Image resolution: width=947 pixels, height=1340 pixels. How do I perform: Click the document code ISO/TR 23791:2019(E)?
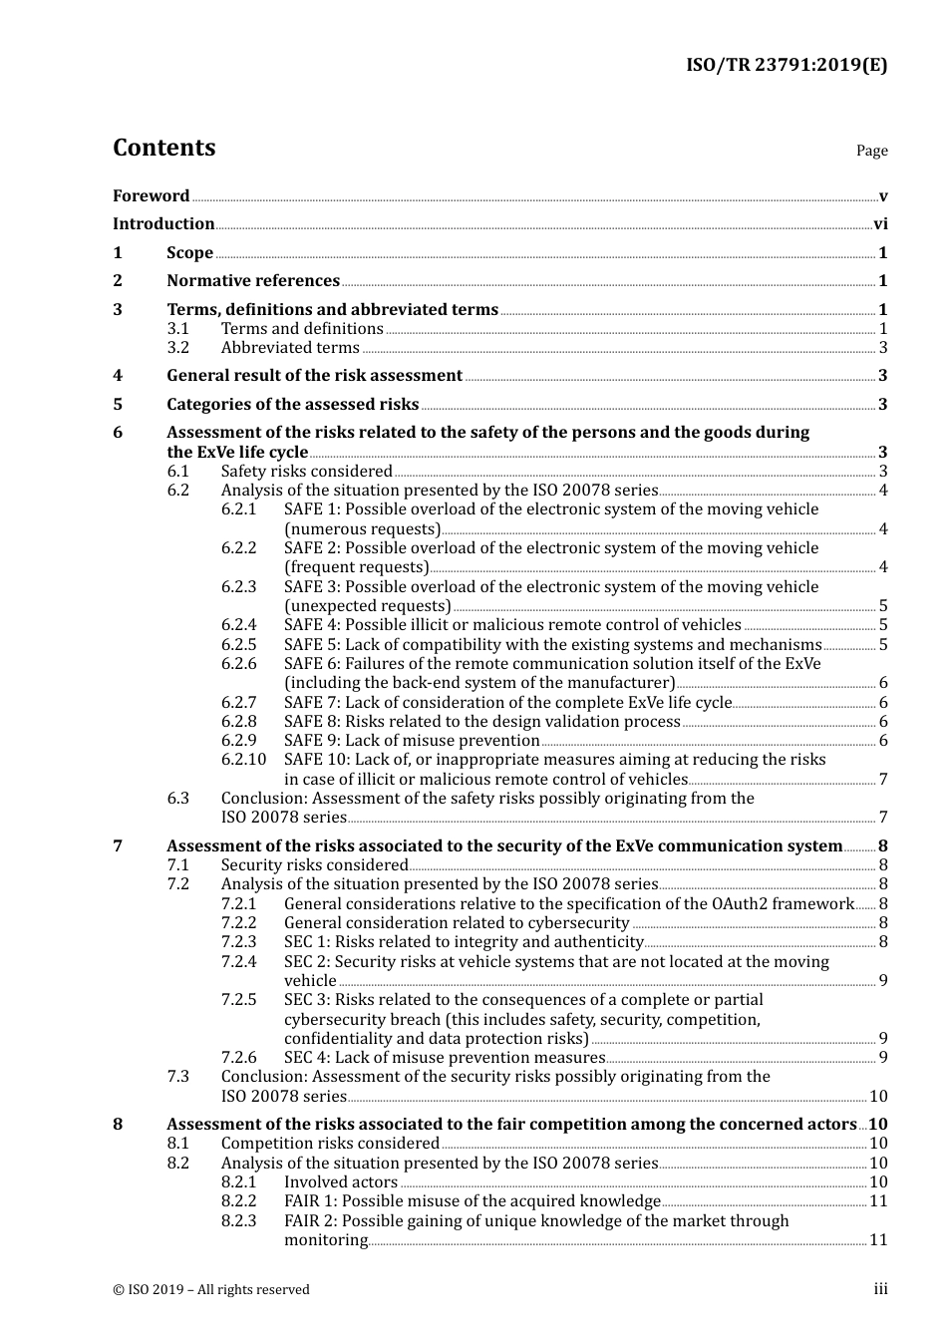pos(786,66)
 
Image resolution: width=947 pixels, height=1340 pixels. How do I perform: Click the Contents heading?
pos(163,148)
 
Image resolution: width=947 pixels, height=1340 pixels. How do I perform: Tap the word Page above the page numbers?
pos(871,151)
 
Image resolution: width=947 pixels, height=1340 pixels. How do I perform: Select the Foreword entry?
pos(151,196)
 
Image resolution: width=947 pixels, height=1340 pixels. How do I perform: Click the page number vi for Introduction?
pos(880,224)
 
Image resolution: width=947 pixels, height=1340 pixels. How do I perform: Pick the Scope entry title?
pos(189,253)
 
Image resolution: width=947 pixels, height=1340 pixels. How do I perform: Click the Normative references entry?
pos(253,281)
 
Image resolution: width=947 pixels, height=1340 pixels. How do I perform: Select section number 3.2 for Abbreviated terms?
pos(178,348)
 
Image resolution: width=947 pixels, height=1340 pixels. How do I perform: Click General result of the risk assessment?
pos(314,376)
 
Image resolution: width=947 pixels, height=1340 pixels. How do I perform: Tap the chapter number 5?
pos(118,405)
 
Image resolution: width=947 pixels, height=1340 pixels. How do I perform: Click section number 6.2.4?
pos(238,625)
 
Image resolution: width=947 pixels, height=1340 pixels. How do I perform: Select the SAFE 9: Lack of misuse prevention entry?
pos(412,741)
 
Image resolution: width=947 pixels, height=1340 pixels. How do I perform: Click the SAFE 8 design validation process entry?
pos(481,722)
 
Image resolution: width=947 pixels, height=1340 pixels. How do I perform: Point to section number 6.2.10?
pos(243,760)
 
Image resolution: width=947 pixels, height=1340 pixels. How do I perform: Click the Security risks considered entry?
pos(314,865)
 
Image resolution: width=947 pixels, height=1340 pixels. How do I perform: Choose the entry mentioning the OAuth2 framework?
pos(568,904)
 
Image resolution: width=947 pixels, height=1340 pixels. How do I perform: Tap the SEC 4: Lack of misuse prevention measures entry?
pos(445,1058)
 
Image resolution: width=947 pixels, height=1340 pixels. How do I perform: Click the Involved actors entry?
pos(340,1182)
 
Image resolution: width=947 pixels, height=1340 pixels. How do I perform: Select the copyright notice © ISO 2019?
pos(211,1290)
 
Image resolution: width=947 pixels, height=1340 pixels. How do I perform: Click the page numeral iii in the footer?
pos(880,1289)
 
